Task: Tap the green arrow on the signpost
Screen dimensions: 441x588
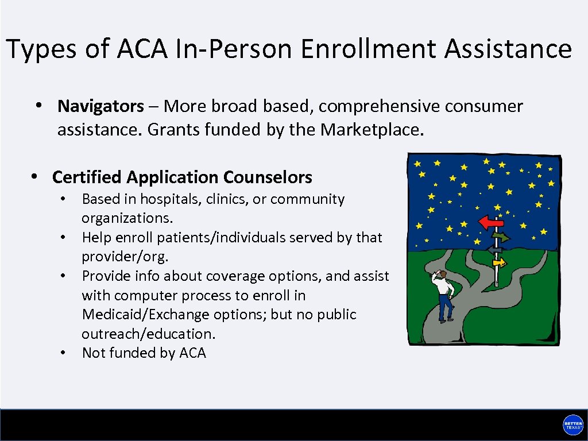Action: click(501, 236)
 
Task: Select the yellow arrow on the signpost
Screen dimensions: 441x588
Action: click(500, 262)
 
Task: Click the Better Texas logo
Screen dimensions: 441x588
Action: click(572, 425)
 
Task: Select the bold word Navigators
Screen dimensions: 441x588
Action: click(100, 106)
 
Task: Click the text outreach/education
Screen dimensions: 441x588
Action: click(148, 334)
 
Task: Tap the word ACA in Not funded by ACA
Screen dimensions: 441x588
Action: click(192, 353)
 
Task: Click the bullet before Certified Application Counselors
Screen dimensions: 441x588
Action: click(35, 176)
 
